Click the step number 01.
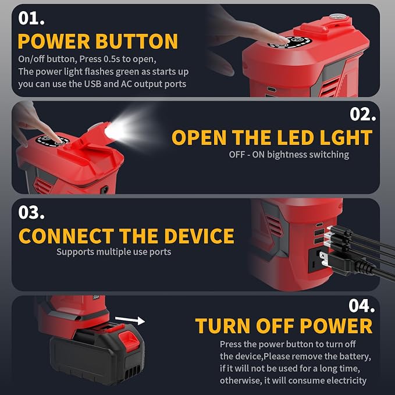[x=31, y=18]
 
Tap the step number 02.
[x=363, y=114]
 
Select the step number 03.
[x=31, y=212]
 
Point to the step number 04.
[x=362, y=305]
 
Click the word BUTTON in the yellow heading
[x=137, y=41]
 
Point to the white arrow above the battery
[x=130, y=320]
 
